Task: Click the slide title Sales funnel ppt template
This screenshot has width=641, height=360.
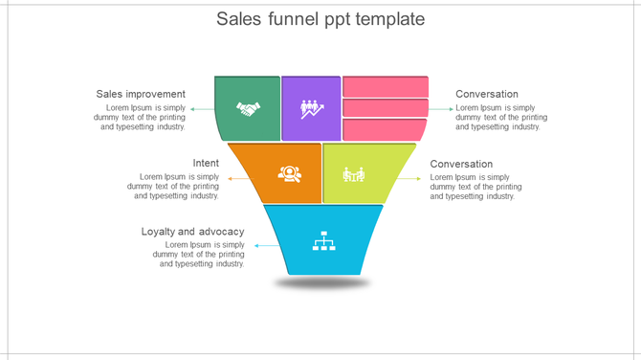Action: tap(320, 19)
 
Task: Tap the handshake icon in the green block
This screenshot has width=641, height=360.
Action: tap(248, 109)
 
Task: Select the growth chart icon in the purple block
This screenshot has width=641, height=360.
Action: tap(312, 109)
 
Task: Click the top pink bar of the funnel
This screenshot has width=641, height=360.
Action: tap(386, 86)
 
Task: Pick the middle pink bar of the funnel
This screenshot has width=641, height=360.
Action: tap(386, 107)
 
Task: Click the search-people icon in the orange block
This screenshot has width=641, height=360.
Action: tap(289, 173)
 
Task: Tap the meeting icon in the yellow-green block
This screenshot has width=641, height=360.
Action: tap(354, 174)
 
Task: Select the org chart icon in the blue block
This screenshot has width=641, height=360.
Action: tap(323, 240)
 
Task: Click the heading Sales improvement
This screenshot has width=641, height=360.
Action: tap(141, 94)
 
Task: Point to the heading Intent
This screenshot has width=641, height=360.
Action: tap(206, 163)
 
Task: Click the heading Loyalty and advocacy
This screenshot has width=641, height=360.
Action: tap(192, 232)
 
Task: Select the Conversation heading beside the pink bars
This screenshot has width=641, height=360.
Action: tap(487, 94)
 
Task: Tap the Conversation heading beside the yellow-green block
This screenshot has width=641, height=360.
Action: tap(461, 164)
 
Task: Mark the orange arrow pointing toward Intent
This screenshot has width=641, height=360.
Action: tap(232, 178)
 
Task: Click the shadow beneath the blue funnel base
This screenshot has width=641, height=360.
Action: tap(322, 283)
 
